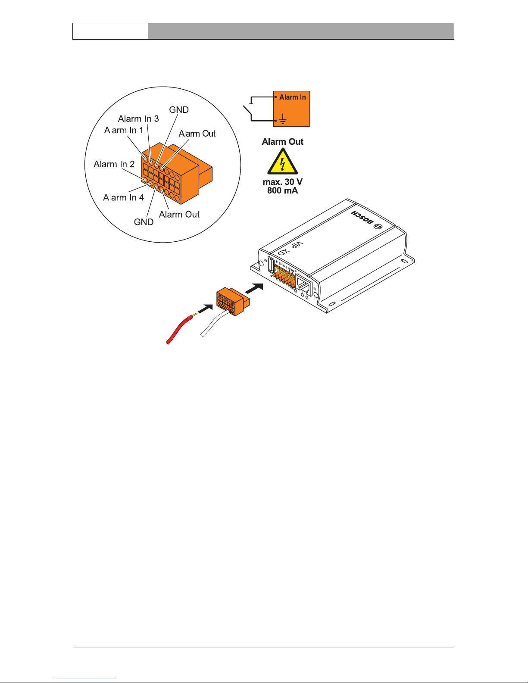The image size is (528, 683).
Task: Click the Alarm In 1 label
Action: (x=124, y=130)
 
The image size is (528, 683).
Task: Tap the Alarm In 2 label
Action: (x=114, y=164)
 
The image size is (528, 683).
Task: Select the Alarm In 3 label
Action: (x=138, y=119)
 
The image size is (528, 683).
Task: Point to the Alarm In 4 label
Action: (x=124, y=197)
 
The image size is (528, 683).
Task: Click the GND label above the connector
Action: (x=179, y=110)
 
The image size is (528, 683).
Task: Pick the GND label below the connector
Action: (x=144, y=222)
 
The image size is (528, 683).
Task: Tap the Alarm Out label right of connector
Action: (x=197, y=134)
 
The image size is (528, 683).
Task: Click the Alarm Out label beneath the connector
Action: (x=179, y=215)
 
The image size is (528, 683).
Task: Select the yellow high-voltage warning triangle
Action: (x=283, y=162)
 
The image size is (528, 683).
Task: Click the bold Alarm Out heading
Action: (x=283, y=142)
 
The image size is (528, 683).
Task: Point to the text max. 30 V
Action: (x=283, y=182)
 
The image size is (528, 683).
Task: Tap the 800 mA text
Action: (x=283, y=190)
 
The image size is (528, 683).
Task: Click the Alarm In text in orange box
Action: (x=293, y=97)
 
